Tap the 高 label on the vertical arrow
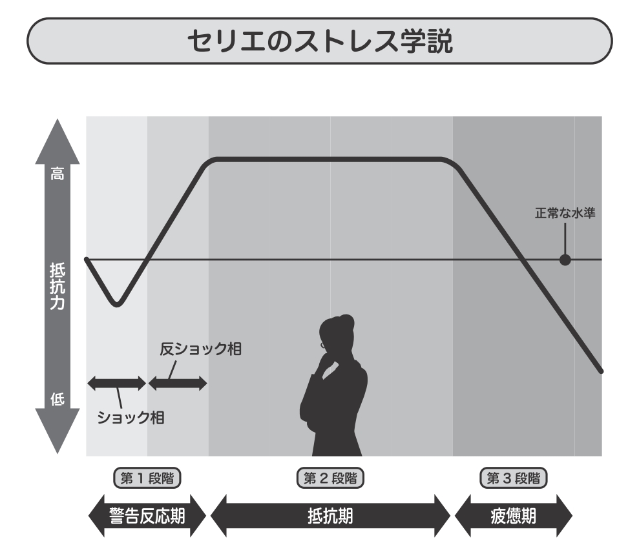point(58,174)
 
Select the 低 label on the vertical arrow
point(58,399)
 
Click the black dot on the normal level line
point(565,260)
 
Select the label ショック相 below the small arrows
point(130,417)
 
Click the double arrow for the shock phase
point(117,384)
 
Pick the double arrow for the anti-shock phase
point(178,384)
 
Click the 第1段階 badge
point(146,478)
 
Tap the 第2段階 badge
point(330,478)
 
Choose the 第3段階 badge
point(514,478)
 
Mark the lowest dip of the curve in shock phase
point(116,304)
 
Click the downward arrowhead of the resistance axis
point(58,433)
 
